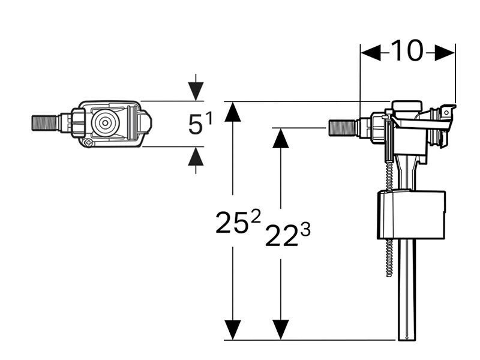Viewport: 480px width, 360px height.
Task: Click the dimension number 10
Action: [407, 50]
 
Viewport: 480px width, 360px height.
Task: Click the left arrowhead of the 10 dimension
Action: [371, 52]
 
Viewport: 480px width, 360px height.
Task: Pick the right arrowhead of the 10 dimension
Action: [445, 52]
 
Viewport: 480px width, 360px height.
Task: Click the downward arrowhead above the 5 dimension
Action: [196, 91]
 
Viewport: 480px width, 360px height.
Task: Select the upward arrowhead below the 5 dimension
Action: [196, 156]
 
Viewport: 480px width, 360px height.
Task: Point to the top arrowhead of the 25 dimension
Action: [233, 112]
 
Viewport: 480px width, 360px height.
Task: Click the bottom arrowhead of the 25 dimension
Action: [233, 329]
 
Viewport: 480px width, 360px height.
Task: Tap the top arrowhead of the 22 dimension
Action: [281, 138]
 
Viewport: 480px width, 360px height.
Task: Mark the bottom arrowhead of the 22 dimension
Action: [281, 329]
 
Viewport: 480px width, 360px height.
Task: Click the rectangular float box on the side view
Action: [411, 214]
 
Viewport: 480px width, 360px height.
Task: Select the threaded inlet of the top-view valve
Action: [44, 123]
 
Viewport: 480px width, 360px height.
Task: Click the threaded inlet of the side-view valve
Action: [341, 128]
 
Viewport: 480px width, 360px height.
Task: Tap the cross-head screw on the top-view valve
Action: [88, 142]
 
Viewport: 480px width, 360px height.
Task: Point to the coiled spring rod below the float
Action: [389, 258]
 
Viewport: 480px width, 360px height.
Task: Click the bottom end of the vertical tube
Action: [406, 339]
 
